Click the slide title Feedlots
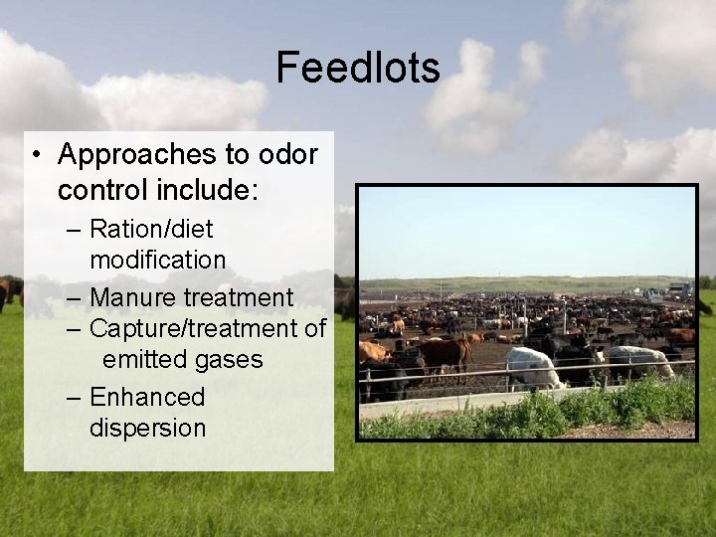point(357,68)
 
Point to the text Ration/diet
point(151,229)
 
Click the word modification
point(157,261)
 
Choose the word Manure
point(135,297)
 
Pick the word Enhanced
point(147,397)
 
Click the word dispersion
point(148,429)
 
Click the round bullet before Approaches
point(35,155)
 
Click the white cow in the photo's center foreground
point(533,365)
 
